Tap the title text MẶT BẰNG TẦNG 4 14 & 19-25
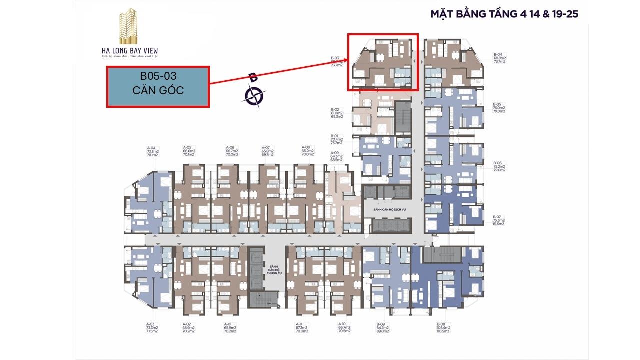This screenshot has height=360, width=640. (504, 14)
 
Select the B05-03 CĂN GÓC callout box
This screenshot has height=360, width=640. (158, 86)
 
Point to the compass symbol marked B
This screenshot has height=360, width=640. (254, 94)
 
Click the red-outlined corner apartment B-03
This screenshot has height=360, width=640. (383, 62)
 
